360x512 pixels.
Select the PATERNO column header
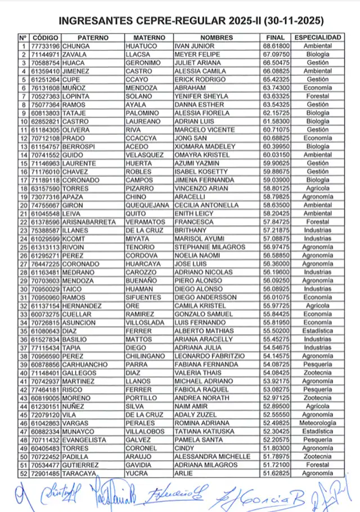coord(91,37)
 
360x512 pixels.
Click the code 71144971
coord(45,55)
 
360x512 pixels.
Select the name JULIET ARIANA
coord(197,63)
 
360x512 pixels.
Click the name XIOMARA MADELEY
coord(201,147)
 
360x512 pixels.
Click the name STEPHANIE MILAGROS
coord(210,248)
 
